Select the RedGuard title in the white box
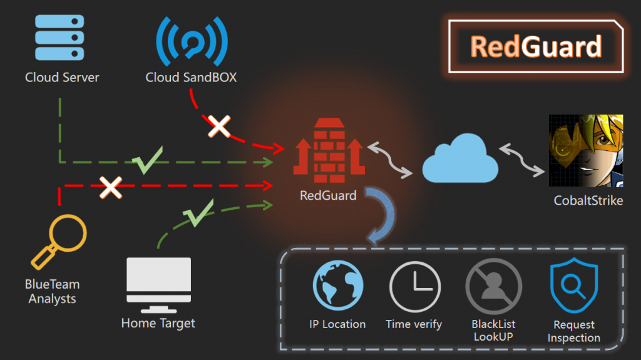[536, 46]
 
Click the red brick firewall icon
[329, 148]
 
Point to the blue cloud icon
[460, 161]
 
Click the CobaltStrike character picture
[586, 150]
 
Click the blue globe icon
[337, 285]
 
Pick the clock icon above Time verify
[414, 285]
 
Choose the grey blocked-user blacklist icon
[493, 285]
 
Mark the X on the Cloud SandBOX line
[219, 126]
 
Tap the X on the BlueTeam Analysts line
[111, 186]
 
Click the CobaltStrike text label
[588, 201]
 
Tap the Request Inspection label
[574, 331]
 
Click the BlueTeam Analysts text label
[53, 291]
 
